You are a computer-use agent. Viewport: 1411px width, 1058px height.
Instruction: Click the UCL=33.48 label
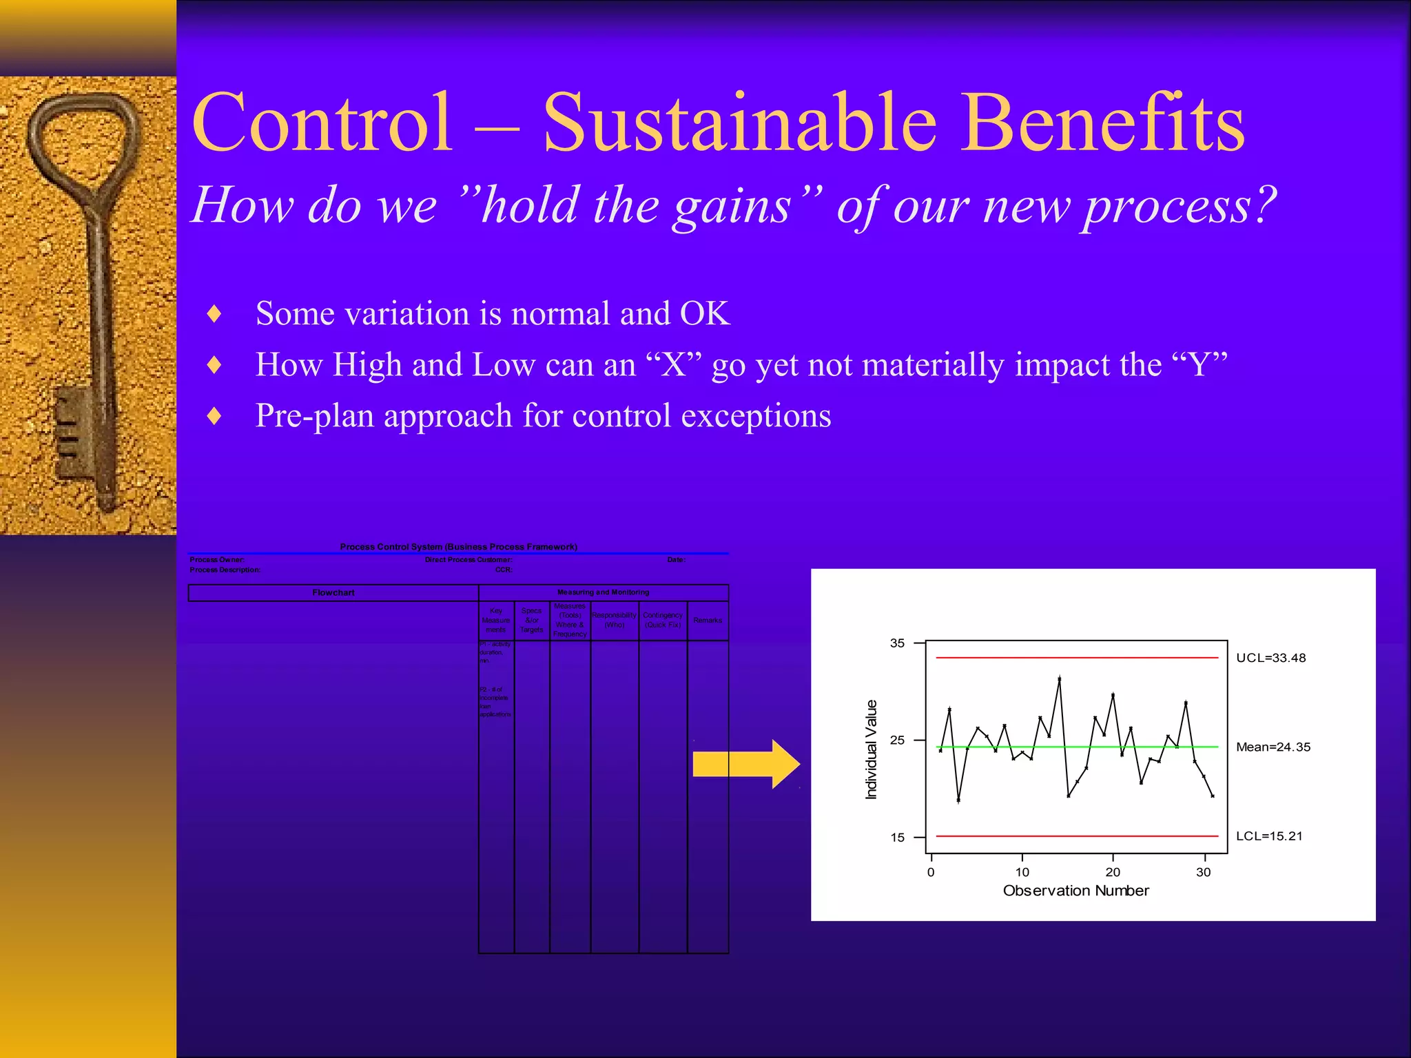[1270, 658]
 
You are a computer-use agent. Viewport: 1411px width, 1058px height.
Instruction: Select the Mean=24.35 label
[1273, 747]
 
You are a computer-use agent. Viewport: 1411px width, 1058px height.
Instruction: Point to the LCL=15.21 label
[1269, 836]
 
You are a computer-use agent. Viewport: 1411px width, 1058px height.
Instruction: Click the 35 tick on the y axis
[897, 643]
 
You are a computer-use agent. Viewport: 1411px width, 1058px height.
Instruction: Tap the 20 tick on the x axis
[1113, 872]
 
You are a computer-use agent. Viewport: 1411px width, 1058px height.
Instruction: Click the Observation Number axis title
[1075, 891]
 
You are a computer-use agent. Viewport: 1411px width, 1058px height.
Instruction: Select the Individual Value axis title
[872, 749]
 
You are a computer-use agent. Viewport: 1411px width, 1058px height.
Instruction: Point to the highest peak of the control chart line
[1060, 678]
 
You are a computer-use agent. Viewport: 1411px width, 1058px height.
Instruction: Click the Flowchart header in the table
[333, 592]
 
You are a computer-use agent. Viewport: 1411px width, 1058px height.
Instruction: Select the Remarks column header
[708, 621]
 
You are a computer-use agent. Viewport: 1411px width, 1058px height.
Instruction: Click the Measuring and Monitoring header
[603, 592]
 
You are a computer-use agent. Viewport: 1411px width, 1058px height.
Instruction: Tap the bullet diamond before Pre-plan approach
[214, 416]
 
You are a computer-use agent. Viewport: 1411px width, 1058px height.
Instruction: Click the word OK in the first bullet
[704, 314]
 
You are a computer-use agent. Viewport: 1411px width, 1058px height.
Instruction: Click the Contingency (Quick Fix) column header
[662, 620]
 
